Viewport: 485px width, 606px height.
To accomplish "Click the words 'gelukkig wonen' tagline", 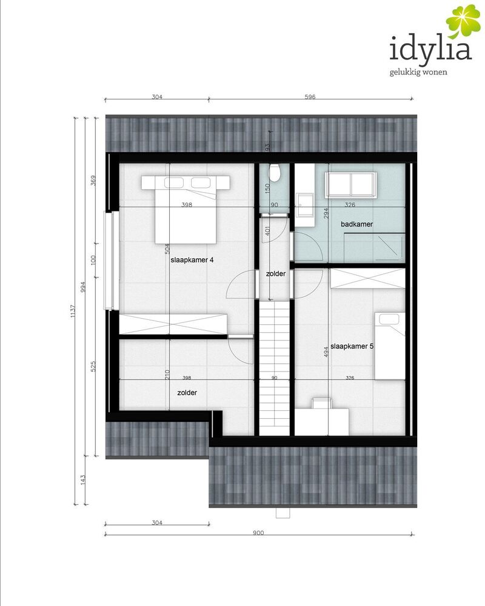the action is tap(418, 72).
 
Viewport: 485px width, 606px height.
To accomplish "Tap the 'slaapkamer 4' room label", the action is tap(192, 260).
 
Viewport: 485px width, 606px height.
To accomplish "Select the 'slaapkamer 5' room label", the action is tap(352, 346).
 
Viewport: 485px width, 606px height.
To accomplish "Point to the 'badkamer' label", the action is tap(356, 224).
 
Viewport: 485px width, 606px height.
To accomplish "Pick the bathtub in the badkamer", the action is tap(351, 185).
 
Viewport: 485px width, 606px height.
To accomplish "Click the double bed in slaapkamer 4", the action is tap(186, 210).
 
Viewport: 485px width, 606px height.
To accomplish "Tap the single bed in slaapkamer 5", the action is tap(390, 346).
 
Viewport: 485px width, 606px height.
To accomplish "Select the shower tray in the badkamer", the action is tap(375, 247).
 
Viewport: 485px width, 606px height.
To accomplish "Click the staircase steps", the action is tap(274, 368).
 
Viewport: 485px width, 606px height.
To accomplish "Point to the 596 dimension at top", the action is tap(310, 96).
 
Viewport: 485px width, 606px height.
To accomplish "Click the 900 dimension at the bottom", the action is tap(258, 533).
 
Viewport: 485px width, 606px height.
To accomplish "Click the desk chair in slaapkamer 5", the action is tap(322, 403).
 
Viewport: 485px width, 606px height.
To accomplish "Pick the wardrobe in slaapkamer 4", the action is tap(173, 324).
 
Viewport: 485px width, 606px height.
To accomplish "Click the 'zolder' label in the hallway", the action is tap(276, 274).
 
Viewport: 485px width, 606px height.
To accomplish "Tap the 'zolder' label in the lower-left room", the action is tap(187, 393).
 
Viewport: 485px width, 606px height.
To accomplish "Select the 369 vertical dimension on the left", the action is tap(93, 181).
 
